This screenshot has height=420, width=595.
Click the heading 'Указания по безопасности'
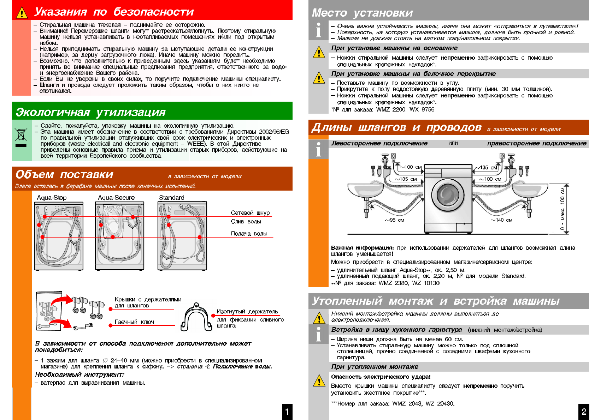114,12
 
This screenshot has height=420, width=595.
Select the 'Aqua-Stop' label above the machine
52,198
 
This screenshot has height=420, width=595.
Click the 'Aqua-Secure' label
116,198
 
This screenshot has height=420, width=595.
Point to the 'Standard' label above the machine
171,198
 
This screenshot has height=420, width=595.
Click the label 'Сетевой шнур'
250,213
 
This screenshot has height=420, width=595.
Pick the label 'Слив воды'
246,222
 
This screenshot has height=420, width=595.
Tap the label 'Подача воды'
249,234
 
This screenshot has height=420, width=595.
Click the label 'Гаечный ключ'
134,322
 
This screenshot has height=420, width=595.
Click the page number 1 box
287,412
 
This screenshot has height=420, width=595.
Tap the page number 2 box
584,412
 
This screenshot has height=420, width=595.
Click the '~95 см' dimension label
395,220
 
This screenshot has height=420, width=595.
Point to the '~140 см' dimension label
501,220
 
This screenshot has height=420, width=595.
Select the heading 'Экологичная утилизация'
90,112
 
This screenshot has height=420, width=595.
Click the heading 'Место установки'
362,13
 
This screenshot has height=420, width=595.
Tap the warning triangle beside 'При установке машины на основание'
319,53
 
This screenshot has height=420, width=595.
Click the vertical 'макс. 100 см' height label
562,208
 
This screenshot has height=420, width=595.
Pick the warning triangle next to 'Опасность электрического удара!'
319,381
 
